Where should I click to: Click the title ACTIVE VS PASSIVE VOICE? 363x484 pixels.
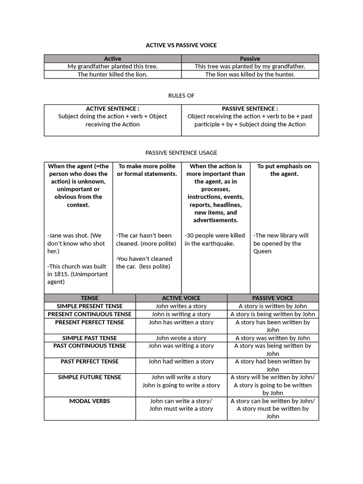click(181, 45)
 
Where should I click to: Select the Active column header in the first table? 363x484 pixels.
click(112, 59)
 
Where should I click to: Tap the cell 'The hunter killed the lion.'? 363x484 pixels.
click(112, 74)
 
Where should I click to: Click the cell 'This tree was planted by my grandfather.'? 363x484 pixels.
click(250, 67)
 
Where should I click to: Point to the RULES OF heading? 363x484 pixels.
click(181, 95)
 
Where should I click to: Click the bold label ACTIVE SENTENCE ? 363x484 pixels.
click(112, 108)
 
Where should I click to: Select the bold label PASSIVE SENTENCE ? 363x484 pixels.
click(250, 108)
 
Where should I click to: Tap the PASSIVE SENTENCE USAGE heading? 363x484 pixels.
click(181, 153)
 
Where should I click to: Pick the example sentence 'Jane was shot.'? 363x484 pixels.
click(68, 235)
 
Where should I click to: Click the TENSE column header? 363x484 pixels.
click(90, 298)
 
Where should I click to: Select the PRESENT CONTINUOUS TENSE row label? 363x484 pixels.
click(90, 314)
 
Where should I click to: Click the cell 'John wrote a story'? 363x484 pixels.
click(181, 338)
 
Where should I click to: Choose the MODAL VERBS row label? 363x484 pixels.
click(90, 401)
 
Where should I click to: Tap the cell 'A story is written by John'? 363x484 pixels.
click(273, 306)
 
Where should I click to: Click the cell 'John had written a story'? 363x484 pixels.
click(181, 362)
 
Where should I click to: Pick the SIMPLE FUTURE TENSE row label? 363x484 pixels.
click(90, 377)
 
